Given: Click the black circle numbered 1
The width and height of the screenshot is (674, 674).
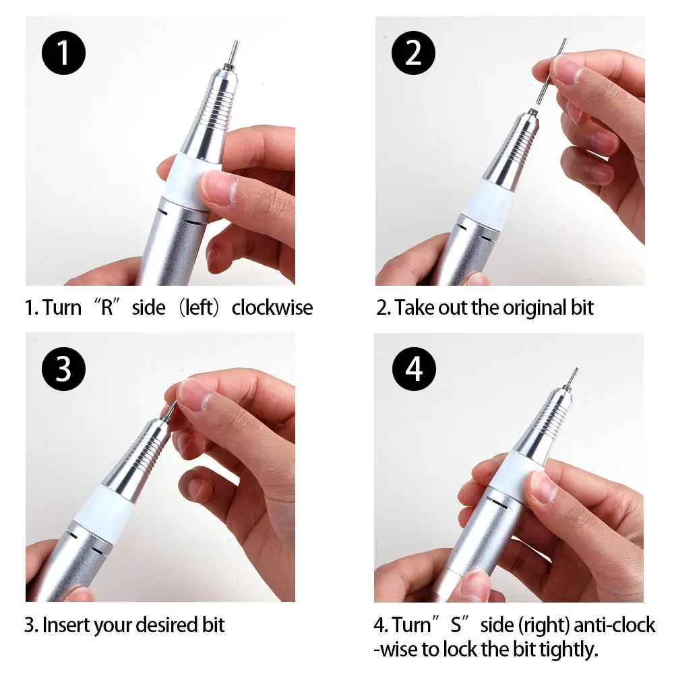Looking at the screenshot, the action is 63,53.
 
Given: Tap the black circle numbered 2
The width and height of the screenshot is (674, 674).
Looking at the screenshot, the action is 414,53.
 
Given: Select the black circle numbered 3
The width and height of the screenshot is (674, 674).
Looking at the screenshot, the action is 63,369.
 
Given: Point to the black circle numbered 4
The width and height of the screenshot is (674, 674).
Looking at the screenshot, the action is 414,369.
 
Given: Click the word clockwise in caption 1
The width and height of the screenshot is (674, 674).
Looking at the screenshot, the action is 272,308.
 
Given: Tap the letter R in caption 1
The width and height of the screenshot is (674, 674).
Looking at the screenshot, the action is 107,308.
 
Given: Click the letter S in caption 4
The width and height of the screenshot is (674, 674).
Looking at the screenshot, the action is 456,625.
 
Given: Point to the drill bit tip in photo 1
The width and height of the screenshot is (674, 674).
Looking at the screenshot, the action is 236,42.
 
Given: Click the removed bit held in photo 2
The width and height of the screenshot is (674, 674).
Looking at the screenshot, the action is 551,72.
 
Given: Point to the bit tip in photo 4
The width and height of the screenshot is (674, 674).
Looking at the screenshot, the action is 576,371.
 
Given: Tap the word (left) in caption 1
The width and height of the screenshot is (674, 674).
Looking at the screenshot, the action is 199,308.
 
